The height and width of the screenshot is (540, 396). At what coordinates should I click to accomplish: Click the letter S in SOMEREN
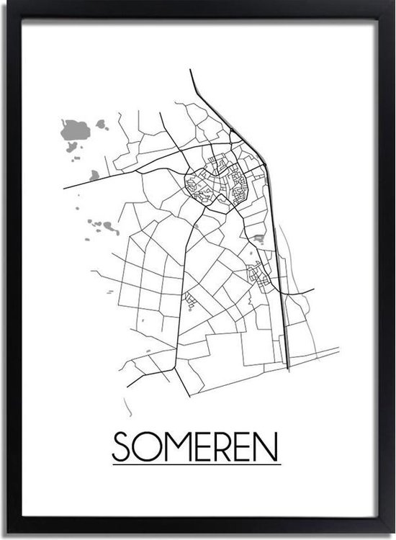tap(122, 446)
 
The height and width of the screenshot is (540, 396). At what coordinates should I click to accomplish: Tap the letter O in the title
tap(145, 446)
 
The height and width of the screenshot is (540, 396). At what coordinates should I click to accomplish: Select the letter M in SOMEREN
tap(171, 446)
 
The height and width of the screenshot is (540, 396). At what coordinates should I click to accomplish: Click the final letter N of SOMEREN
tap(268, 446)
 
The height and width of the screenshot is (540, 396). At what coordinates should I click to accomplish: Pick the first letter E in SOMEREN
tap(197, 446)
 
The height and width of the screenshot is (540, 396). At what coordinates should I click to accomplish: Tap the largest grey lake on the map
tap(76, 131)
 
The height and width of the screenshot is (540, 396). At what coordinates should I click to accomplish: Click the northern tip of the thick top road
tap(191, 71)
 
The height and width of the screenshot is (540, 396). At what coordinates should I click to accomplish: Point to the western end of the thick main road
tap(65, 188)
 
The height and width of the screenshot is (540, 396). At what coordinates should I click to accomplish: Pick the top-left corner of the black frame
tap(4, 4)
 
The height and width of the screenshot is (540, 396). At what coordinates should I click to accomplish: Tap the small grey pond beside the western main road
tap(94, 174)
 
